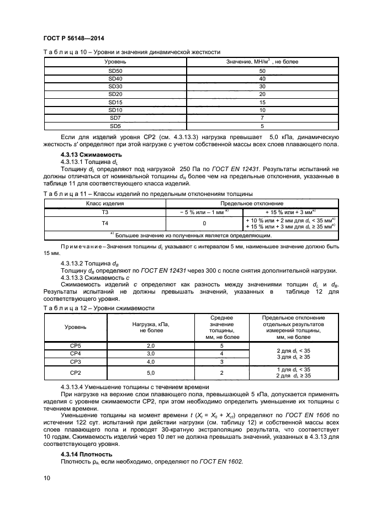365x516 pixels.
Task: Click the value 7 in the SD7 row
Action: [x=262, y=118]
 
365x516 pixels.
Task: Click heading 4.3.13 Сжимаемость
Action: [x=91, y=155]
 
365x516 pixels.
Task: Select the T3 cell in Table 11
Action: [x=104, y=211]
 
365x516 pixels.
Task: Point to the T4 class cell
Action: [x=104, y=223]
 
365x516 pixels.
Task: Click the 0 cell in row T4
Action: [x=204, y=223]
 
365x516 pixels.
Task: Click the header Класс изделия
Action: [x=104, y=203]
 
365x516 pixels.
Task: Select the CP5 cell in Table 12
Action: [x=75, y=345]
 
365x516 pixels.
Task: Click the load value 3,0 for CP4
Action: [x=150, y=353]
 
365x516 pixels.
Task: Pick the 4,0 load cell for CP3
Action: [x=150, y=361]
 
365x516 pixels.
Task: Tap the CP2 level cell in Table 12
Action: [x=75, y=373]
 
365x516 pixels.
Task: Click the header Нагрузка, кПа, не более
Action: [x=150, y=327]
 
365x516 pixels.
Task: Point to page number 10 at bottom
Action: [x=46, y=478]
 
